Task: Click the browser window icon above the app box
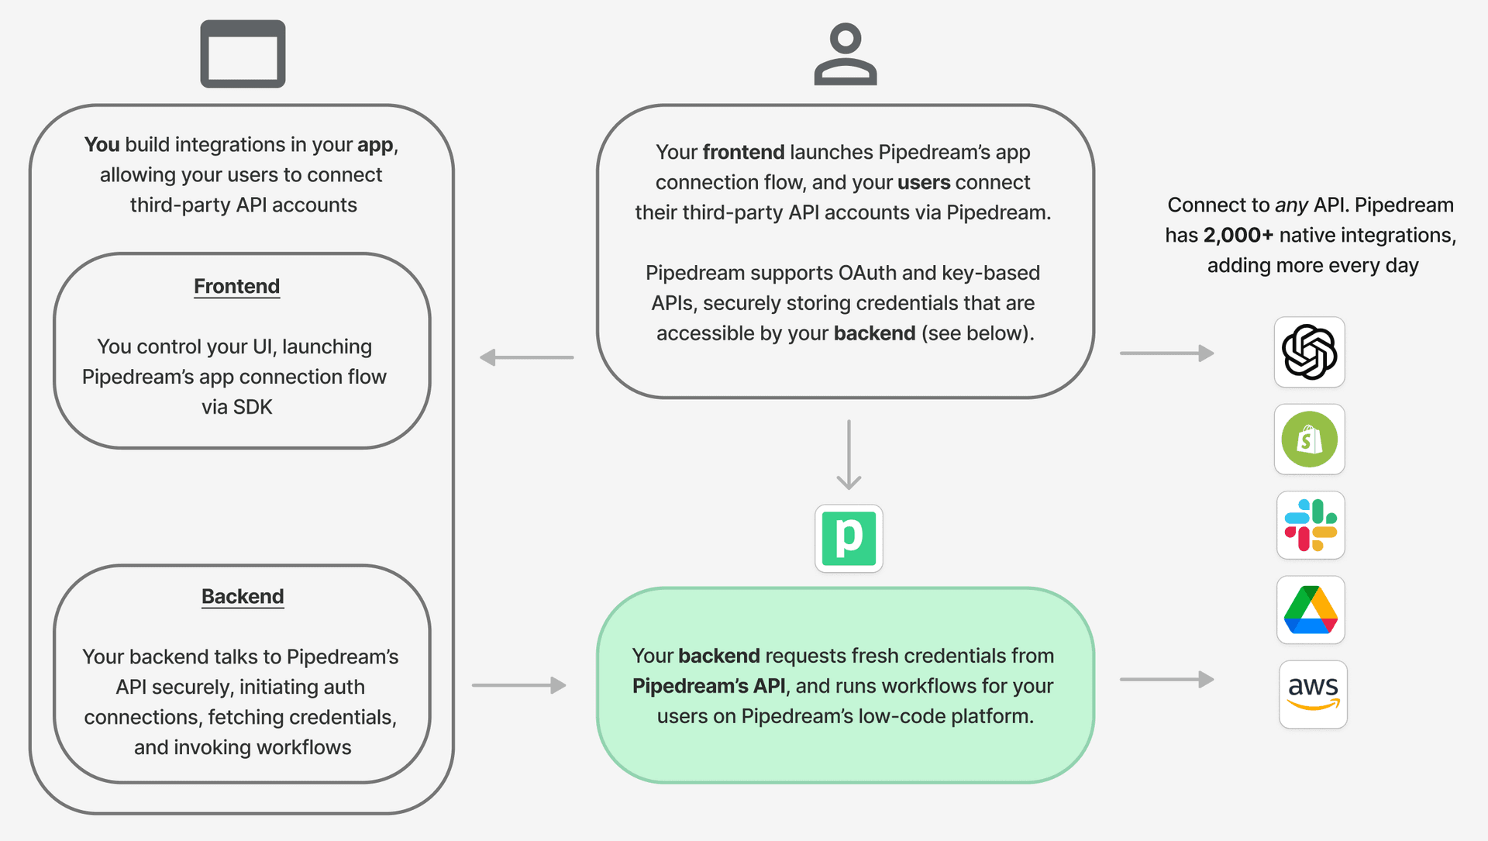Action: tap(243, 53)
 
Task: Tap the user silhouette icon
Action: tap(846, 53)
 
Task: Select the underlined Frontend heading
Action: tap(236, 286)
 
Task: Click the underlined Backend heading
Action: tap(243, 596)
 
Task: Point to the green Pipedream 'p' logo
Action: tap(849, 539)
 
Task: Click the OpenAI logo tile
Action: tap(1310, 352)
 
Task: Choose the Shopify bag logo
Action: tap(1310, 439)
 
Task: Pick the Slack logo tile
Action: tap(1311, 526)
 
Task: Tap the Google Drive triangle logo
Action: tap(1311, 610)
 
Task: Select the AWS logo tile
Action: tap(1313, 695)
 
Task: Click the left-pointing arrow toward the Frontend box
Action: tap(526, 357)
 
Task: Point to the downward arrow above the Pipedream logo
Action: tap(849, 455)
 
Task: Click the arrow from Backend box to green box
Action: tap(519, 685)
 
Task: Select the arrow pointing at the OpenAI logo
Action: tap(1167, 353)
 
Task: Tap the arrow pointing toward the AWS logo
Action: tap(1167, 680)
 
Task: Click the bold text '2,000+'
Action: tap(1238, 235)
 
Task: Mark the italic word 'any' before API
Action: tap(1292, 205)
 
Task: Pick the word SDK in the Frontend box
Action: tap(253, 407)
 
